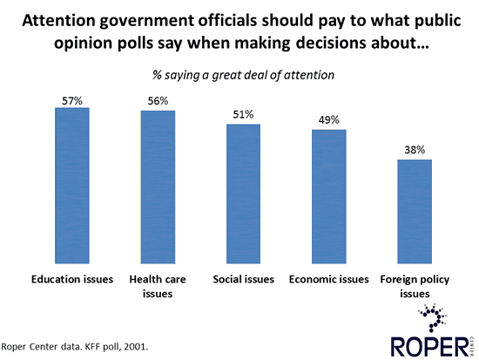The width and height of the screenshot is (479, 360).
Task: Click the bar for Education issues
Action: click(72, 185)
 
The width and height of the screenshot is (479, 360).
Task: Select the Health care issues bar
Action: click(158, 187)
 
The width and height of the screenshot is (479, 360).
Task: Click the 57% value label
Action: click(72, 100)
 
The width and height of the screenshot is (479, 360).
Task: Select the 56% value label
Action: click(158, 103)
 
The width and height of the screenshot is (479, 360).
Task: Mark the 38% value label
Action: click(415, 151)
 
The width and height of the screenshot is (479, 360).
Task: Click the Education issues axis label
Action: click(72, 279)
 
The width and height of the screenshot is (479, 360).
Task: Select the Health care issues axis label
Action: click(158, 286)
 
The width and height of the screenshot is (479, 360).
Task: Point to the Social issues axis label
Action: click(243, 279)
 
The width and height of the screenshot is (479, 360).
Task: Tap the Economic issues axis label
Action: click(329, 279)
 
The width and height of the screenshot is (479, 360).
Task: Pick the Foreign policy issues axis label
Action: click(415, 286)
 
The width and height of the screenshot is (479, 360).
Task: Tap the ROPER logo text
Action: click(427, 343)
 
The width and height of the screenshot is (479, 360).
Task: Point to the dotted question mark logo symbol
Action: click(435, 316)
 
